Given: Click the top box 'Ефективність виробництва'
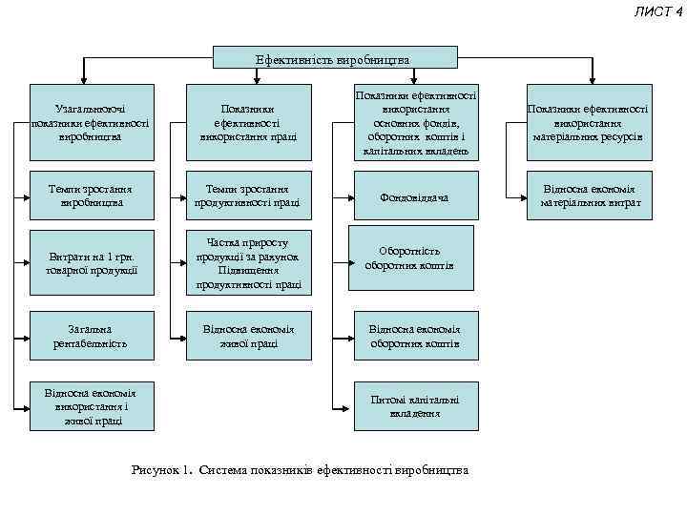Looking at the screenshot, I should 331,59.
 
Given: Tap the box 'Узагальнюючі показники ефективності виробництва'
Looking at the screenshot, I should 91,123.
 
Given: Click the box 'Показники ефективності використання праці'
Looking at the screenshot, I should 248,123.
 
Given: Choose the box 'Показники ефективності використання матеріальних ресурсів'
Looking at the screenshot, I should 589,123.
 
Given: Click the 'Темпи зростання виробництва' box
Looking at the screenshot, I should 91,196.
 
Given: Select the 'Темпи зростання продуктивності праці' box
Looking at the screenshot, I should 248,196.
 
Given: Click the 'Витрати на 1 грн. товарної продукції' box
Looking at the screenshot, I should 91,263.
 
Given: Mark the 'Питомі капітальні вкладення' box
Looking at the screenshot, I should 415,406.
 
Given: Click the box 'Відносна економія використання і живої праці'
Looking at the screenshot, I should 91,406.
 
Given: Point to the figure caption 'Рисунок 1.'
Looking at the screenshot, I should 161,470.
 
